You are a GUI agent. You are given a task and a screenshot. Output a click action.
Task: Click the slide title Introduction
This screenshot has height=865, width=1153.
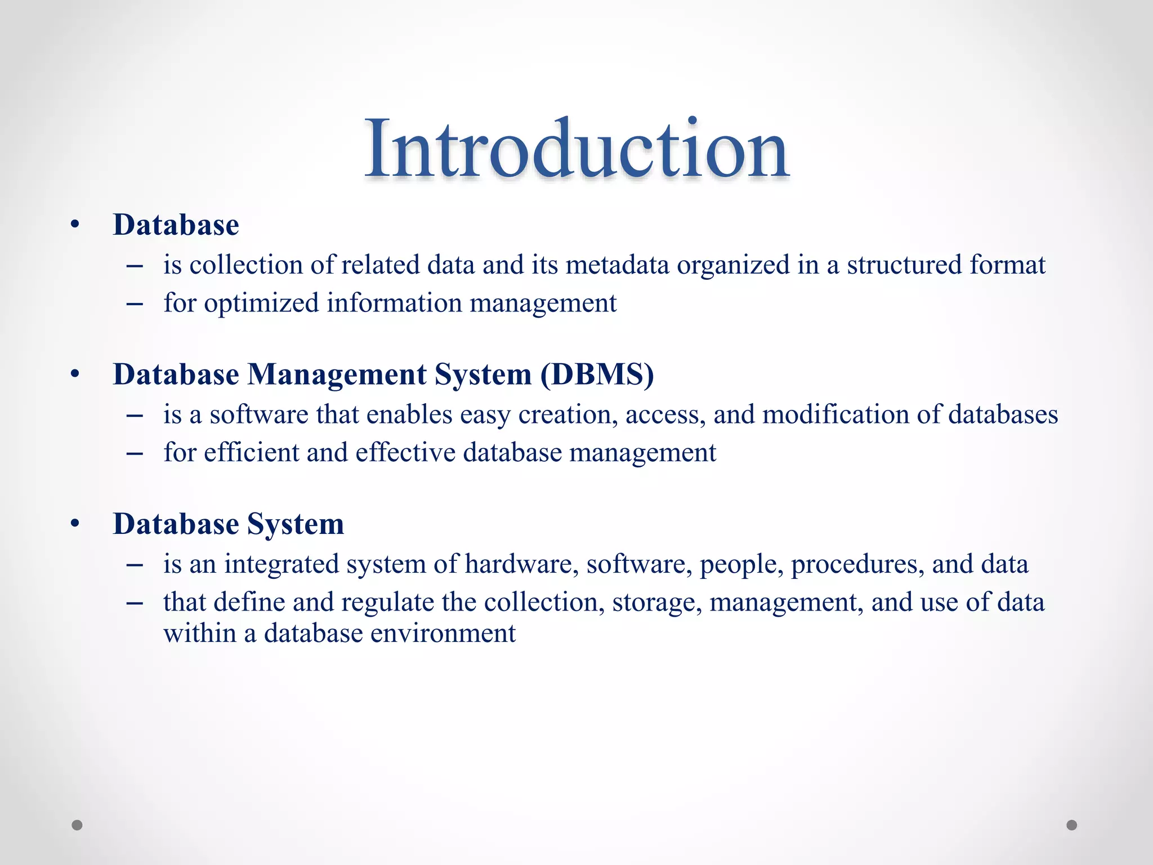click(576, 149)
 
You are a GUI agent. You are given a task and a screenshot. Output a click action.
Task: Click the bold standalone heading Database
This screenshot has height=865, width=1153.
click(176, 225)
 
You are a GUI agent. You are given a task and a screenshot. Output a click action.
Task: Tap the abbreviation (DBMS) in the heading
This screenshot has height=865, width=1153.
click(597, 374)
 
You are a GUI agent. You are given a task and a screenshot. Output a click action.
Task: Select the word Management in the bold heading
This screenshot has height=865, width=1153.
click(337, 374)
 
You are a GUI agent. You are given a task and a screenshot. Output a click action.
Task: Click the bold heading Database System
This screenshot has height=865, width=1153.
click(228, 524)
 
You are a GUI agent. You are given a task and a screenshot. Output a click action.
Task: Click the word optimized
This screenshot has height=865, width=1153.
click(261, 304)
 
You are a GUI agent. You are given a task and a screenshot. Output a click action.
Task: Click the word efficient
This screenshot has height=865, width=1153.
click(251, 453)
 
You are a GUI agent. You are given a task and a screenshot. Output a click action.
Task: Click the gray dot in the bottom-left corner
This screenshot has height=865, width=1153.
click(77, 825)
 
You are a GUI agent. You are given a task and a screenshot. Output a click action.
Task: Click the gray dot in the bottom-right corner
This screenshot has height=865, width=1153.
click(1072, 825)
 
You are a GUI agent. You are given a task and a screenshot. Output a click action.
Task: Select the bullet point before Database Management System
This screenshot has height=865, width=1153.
click(75, 374)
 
